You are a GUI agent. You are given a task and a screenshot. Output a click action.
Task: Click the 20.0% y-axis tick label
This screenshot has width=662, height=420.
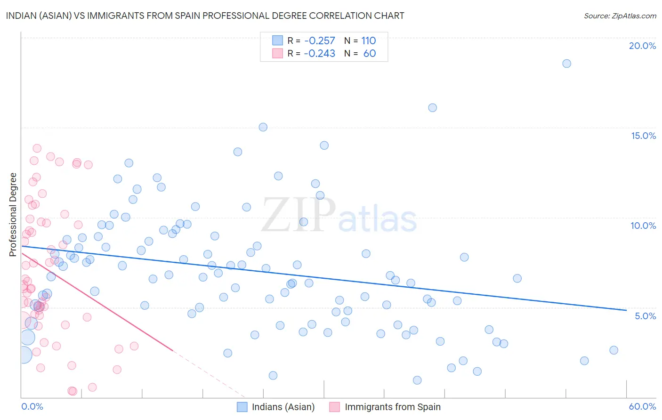point(642,46)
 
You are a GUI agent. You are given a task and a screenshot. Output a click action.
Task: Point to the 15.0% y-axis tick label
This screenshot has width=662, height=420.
point(643,136)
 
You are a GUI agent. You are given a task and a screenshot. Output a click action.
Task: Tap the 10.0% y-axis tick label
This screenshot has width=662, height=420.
point(643,226)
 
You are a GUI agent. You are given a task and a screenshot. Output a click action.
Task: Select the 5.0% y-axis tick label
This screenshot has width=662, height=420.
point(645,316)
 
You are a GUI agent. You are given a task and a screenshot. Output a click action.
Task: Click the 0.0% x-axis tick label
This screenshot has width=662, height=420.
point(32,406)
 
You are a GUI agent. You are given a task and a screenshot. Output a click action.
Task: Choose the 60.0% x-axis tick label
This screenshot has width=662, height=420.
point(642,406)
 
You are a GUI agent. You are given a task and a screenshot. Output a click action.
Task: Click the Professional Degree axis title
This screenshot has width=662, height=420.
point(13,215)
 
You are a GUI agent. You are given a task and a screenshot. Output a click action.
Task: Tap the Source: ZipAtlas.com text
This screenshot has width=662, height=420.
point(620,16)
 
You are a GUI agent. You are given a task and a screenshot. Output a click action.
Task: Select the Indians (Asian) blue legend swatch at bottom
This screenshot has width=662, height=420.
point(242,407)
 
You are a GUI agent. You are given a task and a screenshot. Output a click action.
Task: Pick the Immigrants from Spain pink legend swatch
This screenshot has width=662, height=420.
point(335,407)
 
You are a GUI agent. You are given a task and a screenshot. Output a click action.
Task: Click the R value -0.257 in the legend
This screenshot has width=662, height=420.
point(320,41)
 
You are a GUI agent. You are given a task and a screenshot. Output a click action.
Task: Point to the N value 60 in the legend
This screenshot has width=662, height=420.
point(370,54)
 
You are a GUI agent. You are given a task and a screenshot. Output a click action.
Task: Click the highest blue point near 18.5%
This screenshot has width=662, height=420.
point(566,64)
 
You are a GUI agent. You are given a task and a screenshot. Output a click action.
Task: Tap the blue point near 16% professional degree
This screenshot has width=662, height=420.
point(432,108)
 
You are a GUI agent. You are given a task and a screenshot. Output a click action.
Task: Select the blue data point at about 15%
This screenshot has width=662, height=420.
point(263,127)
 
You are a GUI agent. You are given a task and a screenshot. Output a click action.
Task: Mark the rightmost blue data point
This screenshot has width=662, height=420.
point(614,350)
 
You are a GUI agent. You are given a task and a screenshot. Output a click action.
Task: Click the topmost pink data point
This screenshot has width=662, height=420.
point(37,148)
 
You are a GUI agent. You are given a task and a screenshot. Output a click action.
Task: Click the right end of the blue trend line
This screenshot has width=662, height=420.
point(626,310)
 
